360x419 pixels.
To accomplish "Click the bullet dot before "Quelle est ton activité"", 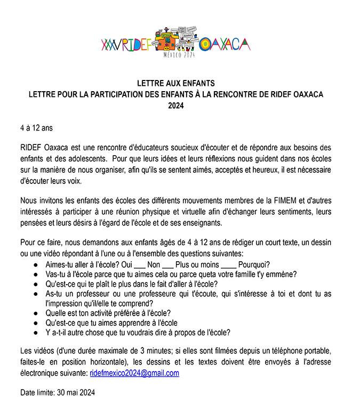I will click(x=35, y=313).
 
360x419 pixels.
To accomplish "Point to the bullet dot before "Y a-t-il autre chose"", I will click(x=35, y=332).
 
